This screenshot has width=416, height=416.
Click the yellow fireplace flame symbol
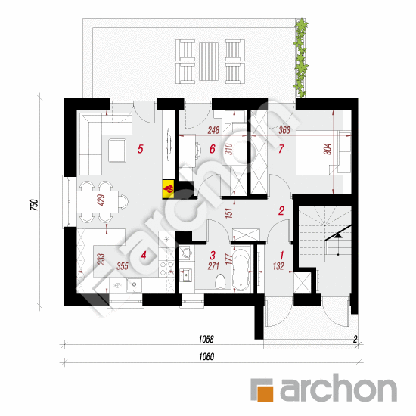pos(168,189)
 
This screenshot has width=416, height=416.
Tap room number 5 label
pos(141,149)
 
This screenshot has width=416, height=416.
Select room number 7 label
pos(281,149)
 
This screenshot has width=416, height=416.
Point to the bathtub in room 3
pos(241,269)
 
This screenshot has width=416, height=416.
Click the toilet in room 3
pos(220,282)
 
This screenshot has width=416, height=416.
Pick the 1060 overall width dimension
pos(206,357)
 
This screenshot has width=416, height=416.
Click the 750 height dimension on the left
pos(35,204)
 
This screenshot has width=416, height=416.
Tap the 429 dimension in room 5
pos(101,200)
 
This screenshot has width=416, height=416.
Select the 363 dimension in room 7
pos(284,130)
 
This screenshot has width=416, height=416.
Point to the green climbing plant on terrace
pos(301,57)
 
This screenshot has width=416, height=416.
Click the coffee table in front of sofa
pos(117,151)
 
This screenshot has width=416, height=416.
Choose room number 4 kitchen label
pos(144,256)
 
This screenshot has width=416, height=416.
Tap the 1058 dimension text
pos(206,339)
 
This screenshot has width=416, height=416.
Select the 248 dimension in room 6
pos(213,130)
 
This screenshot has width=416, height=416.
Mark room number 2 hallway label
pos(281,211)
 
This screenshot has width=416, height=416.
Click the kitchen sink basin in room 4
pos(134,284)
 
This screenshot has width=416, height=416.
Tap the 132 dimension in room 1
pos(278,266)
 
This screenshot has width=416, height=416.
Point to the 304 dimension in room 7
pos(328,149)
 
